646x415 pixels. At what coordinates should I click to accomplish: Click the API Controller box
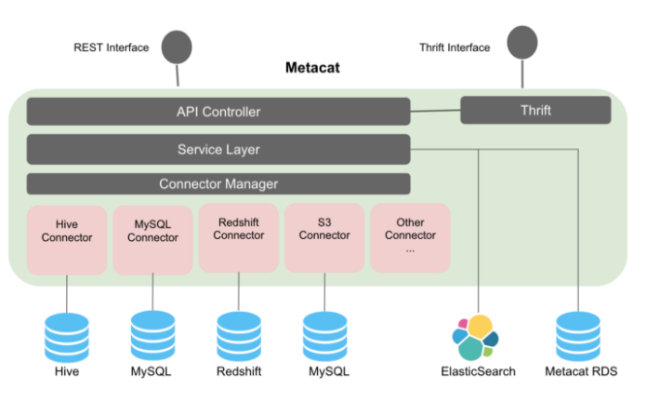(x=218, y=112)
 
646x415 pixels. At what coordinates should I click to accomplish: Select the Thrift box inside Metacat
(x=535, y=110)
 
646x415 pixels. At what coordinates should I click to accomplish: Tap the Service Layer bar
(x=218, y=149)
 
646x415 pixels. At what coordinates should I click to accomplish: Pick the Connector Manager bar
(x=218, y=183)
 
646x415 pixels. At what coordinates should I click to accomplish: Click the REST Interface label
(x=111, y=47)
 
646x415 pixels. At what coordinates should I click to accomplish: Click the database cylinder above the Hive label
(x=67, y=336)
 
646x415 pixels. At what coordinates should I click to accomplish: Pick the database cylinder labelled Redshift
(x=239, y=336)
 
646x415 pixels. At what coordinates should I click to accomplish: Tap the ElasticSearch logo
(x=477, y=337)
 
